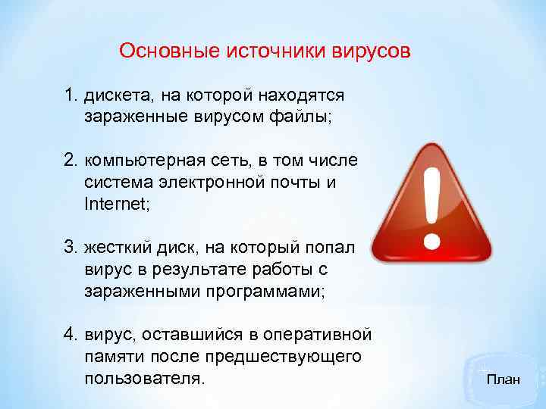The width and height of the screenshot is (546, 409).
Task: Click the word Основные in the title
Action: tap(169, 52)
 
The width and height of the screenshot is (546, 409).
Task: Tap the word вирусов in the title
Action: tap(372, 52)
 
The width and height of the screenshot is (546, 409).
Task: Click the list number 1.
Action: tap(70, 96)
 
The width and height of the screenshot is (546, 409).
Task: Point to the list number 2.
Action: tap(70, 161)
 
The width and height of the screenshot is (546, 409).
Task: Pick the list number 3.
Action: tap(70, 248)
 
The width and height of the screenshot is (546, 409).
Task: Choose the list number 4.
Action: tap(70, 335)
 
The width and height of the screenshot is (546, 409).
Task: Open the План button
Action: tap(504, 379)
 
